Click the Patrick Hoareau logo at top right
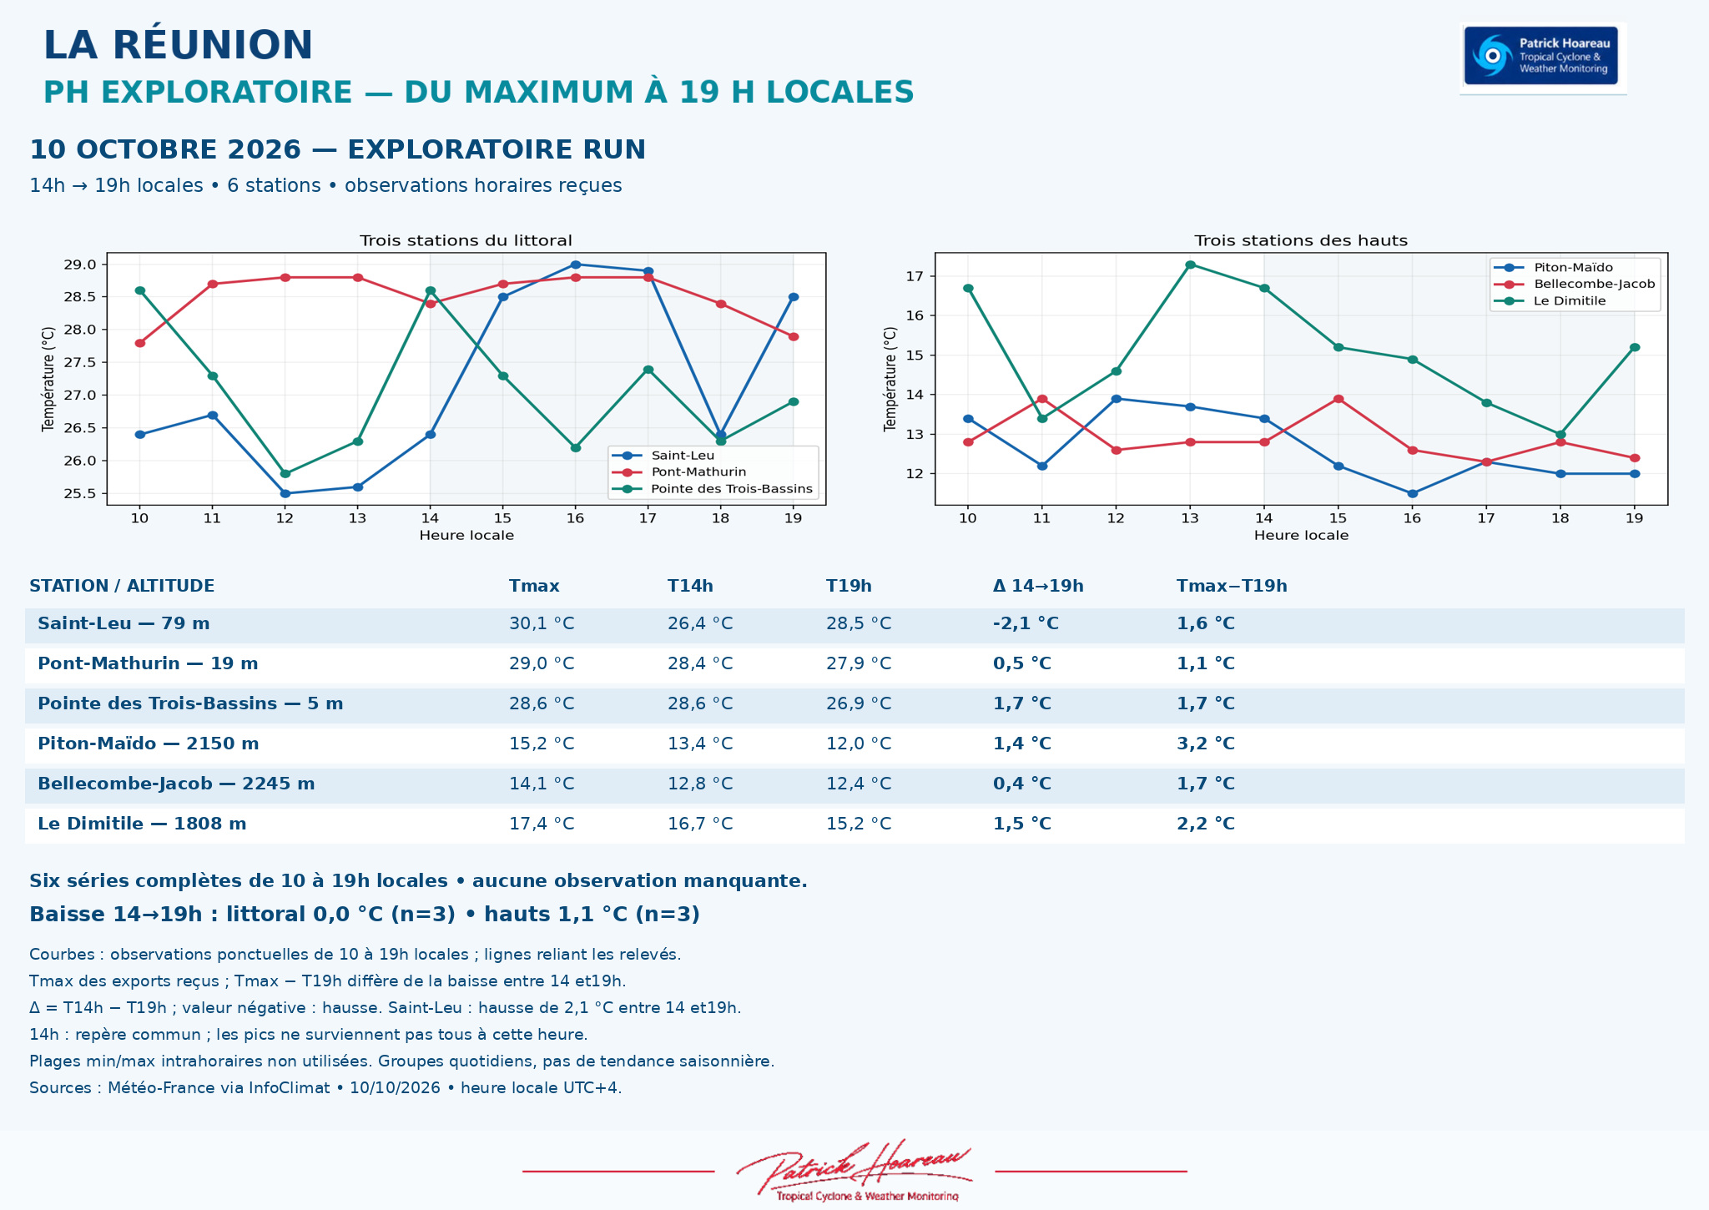[x=1541, y=56]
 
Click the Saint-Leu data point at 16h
[x=575, y=265]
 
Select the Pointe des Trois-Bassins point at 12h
[x=285, y=474]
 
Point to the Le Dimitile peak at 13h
[x=1190, y=265]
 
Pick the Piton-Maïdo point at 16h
[x=1412, y=494]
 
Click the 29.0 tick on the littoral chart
[x=80, y=265]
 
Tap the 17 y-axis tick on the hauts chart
[x=915, y=276]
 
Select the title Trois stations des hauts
[x=1301, y=240]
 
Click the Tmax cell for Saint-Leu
[x=542, y=623]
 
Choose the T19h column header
[x=849, y=586]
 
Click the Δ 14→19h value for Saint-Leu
[x=1026, y=623]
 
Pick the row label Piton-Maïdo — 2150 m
[x=149, y=744]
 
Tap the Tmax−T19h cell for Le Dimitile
[x=1206, y=824]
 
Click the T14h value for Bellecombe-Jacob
[x=700, y=784]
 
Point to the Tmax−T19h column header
[x=1232, y=586]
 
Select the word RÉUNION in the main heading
[x=213, y=45]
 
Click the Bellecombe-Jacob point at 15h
[x=1338, y=399]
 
